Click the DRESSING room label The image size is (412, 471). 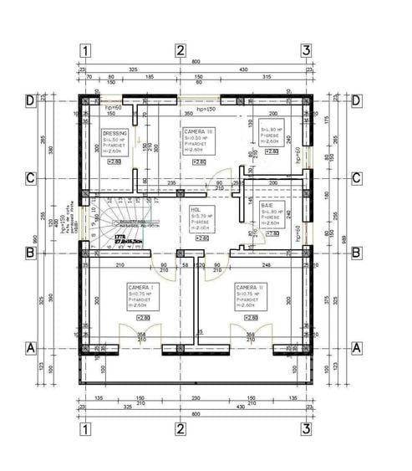[114, 133]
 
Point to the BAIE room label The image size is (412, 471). [267, 204]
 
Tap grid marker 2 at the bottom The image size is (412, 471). [180, 429]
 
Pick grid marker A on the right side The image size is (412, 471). [357, 346]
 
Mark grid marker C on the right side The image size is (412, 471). [357, 177]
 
